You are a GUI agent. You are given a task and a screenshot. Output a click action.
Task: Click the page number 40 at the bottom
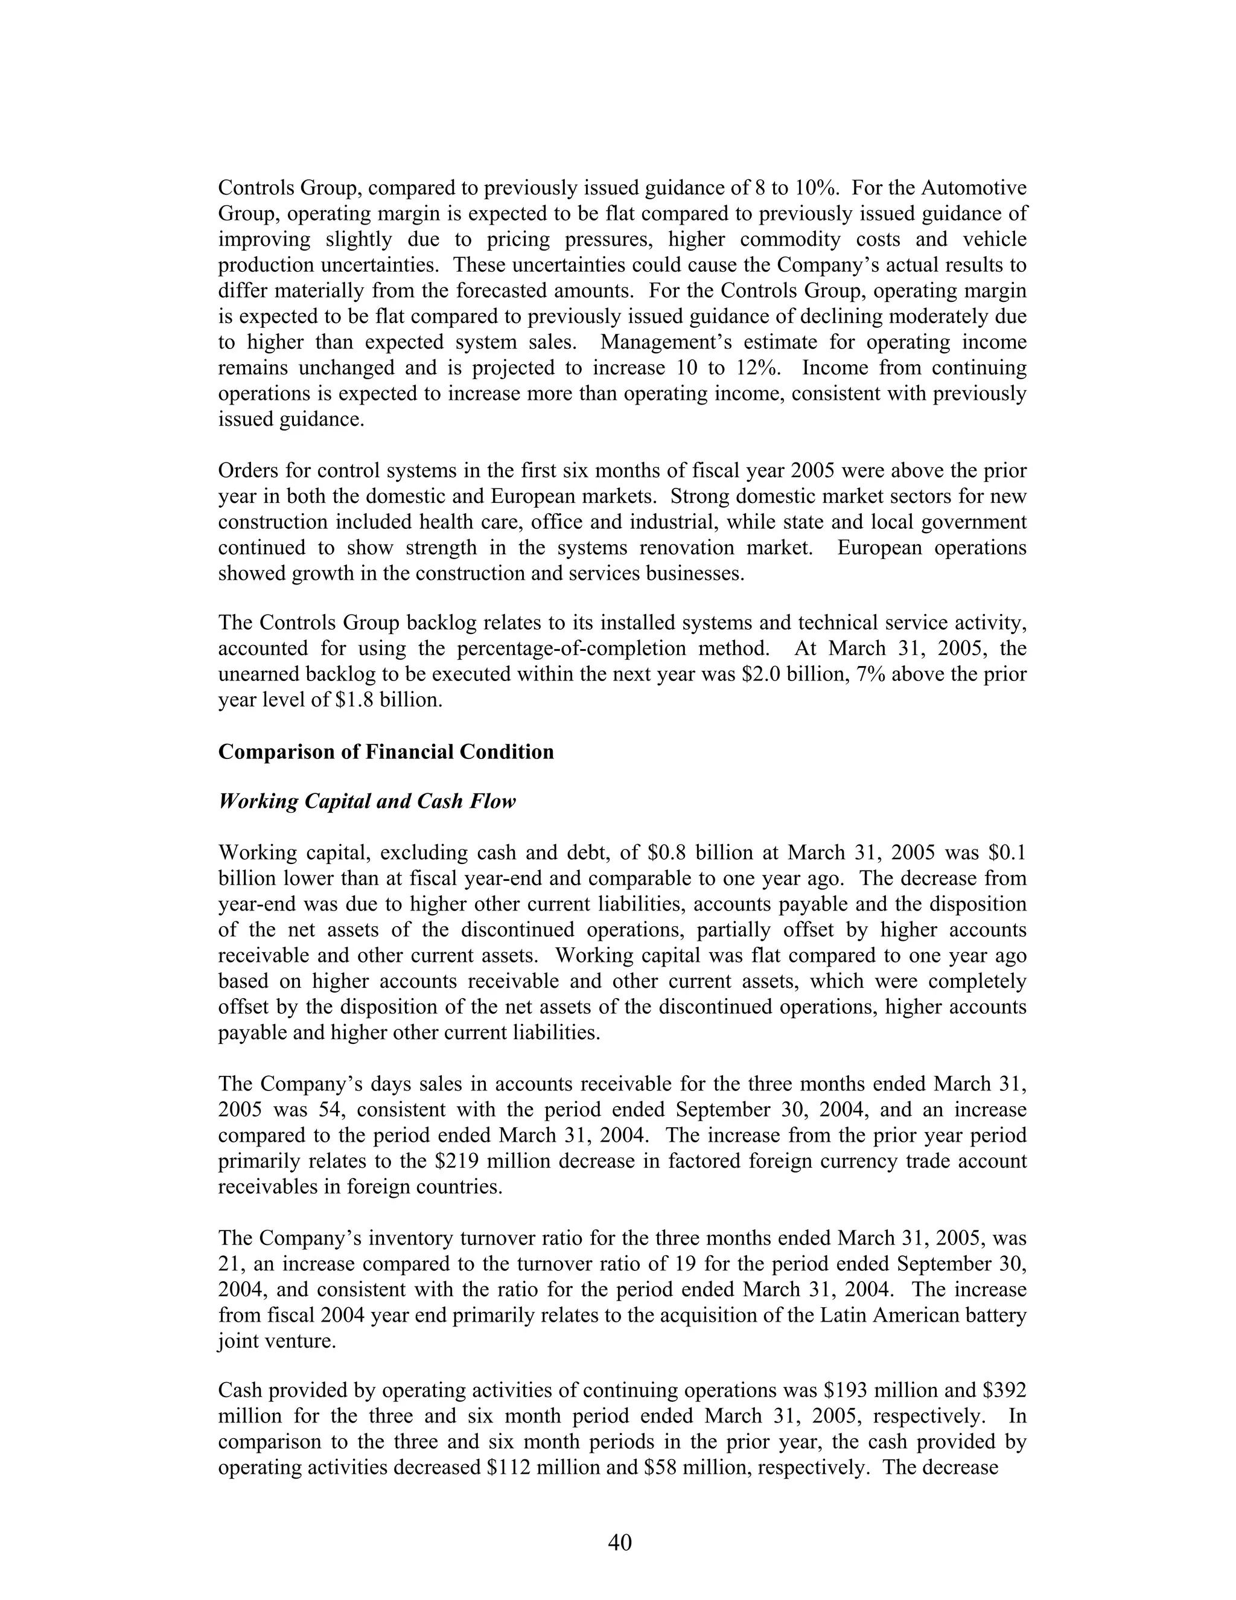pyautogui.click(x=619, y=1542)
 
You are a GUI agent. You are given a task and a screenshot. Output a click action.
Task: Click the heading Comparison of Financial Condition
pyautogui.click(x=386, y=752)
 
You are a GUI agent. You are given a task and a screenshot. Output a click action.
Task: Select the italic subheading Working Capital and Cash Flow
pyautogui.click(x=367, y=801)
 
